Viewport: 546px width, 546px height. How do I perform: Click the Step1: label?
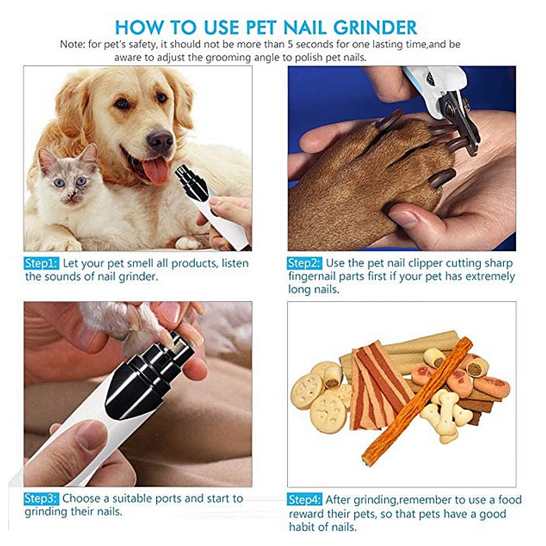coord(41,264)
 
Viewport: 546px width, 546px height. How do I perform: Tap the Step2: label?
coord(305,264)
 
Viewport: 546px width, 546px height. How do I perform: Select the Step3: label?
coord(41,498)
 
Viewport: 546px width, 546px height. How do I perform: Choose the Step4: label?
coord(305,500)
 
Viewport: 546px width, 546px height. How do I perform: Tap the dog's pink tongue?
coord(156,170)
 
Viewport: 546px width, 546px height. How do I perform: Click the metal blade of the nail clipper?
coord(456,117)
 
